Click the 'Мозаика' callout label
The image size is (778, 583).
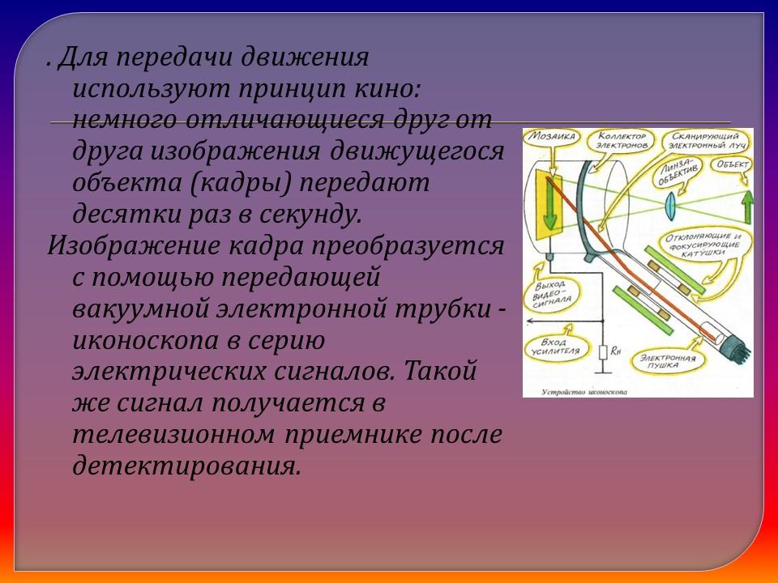point(545,138)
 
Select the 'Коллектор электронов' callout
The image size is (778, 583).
point(619,142)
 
